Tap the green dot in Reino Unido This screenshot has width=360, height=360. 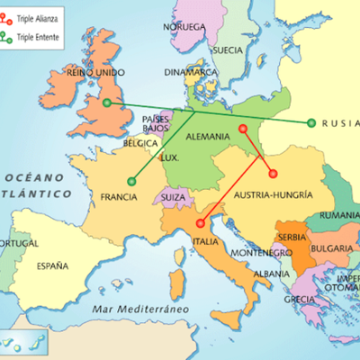(107, 103)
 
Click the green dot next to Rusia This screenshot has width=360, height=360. (311, 123)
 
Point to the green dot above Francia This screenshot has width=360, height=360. (132, 181)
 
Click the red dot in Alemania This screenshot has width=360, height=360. (242, 129)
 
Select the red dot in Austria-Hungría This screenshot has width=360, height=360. (273, 175)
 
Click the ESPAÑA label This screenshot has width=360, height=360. (52, 265)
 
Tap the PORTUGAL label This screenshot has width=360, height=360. (18, 244)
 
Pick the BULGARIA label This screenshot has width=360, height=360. (331, 247)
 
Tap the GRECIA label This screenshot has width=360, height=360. (299, 299)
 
